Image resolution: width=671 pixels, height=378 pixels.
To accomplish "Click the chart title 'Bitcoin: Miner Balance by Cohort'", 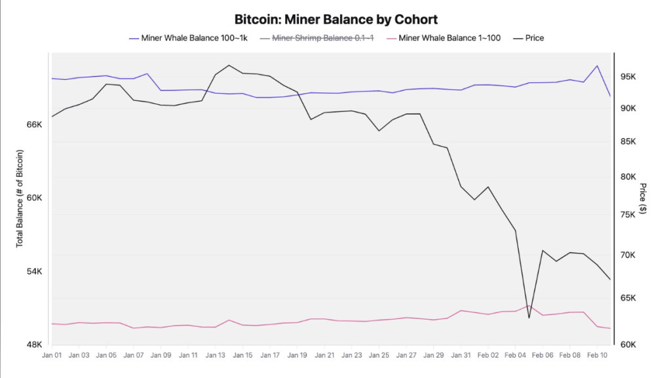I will pos(335,19).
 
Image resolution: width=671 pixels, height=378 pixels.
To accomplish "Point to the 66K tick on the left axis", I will pos(33,124).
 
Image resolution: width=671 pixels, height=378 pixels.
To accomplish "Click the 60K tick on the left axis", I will pos(33,198).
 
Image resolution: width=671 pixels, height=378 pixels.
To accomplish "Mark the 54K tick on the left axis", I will pos(33,271).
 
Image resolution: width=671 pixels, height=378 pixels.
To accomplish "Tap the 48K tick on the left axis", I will pos(33,345).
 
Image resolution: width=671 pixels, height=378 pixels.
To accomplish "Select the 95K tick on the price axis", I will pos(628,77).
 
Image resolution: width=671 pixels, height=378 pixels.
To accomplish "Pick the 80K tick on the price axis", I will pos(628,177).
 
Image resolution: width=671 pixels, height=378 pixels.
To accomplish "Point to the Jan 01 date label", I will pos(51,355).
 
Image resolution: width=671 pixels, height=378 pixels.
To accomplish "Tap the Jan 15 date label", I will pos(242,355).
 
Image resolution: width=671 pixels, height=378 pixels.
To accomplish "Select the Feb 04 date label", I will pos(515,355).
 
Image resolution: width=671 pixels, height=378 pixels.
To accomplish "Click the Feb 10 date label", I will pos(597,355).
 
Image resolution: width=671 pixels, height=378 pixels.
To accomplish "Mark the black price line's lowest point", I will pos(529,318).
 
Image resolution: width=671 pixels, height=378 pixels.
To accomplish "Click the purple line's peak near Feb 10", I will pos(597,66).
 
